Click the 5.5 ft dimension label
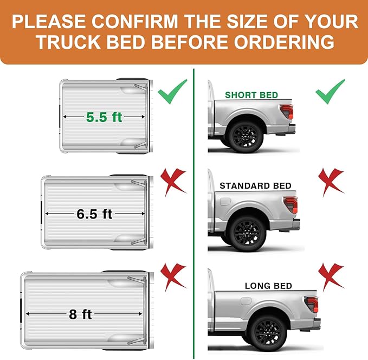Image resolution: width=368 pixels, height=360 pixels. click(104, 117)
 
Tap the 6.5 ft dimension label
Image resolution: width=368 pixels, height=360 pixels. click(94, 214)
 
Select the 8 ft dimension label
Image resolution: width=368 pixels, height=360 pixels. click(80, 314)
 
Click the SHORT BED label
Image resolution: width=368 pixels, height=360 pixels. click(251, 95)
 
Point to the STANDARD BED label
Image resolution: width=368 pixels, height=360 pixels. click(255, 186)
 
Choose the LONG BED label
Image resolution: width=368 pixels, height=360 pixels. click(268, 286)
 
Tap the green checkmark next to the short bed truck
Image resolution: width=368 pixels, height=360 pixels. click(330, 91)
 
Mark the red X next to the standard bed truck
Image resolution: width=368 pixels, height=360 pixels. click(331, 182)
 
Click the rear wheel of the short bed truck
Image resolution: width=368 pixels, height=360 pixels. click(247, 136)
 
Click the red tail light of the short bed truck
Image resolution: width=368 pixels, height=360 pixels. click(287, 111)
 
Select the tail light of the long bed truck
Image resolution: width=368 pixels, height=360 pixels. click(311, 304)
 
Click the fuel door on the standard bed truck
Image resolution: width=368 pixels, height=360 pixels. click(225, 202)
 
